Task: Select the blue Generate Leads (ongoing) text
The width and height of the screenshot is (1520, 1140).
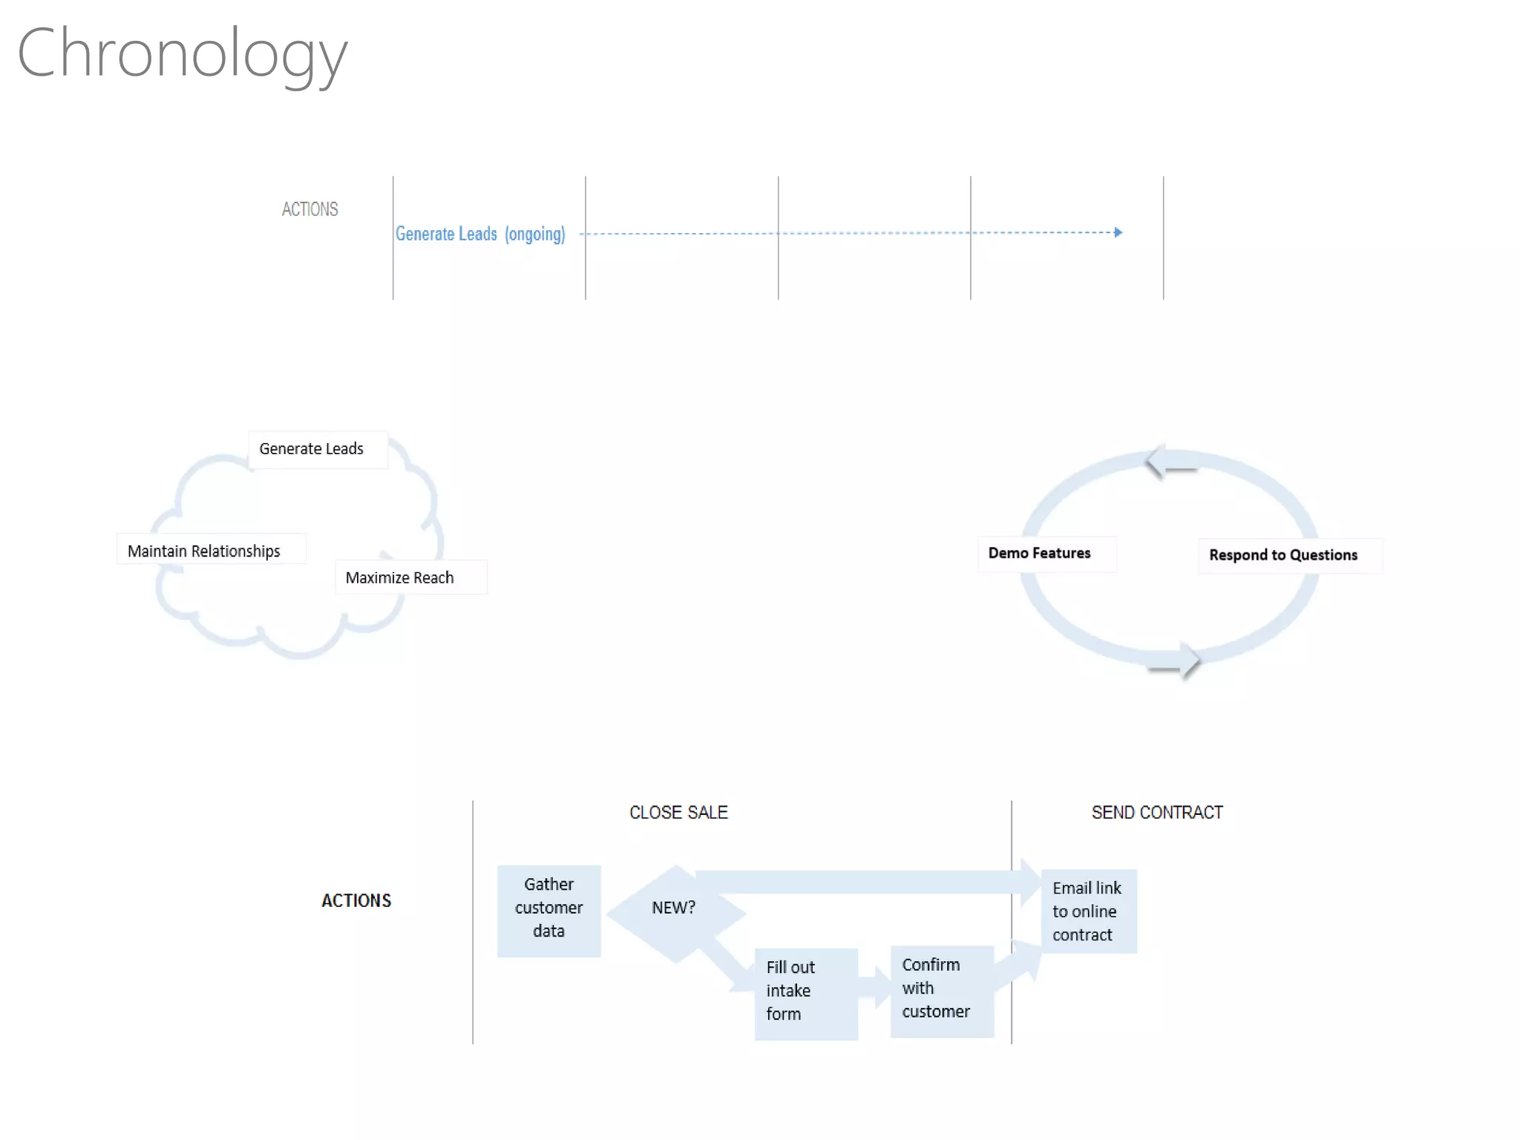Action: pos(479,234)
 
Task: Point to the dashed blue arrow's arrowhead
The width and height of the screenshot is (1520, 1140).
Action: pos(1118,232)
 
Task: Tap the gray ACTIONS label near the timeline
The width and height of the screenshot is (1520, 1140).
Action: pos(309,209)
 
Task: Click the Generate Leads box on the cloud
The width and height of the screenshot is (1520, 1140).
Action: pos(312,449)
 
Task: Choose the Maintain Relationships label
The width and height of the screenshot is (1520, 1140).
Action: pos(204,551)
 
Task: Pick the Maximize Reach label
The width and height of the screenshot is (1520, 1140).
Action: pos(400,577)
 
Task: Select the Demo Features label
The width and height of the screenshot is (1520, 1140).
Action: pos(1039,553)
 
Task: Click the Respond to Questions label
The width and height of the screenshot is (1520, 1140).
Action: pos(1283,555)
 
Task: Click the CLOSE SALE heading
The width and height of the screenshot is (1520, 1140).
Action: pos(678,813)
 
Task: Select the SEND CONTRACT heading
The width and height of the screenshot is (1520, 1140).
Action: pos(1156,813)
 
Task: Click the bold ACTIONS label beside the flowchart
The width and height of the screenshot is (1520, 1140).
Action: pos(356,900)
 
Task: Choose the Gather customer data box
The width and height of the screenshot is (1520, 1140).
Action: pos(548,909)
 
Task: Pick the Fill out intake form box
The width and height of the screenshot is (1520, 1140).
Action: pos(805,992)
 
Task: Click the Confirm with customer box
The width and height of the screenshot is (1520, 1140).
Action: pos(941,989)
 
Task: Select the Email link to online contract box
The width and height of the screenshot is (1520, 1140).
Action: pos(1088,911)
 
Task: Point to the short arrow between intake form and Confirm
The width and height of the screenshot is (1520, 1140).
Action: pos(877,987)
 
